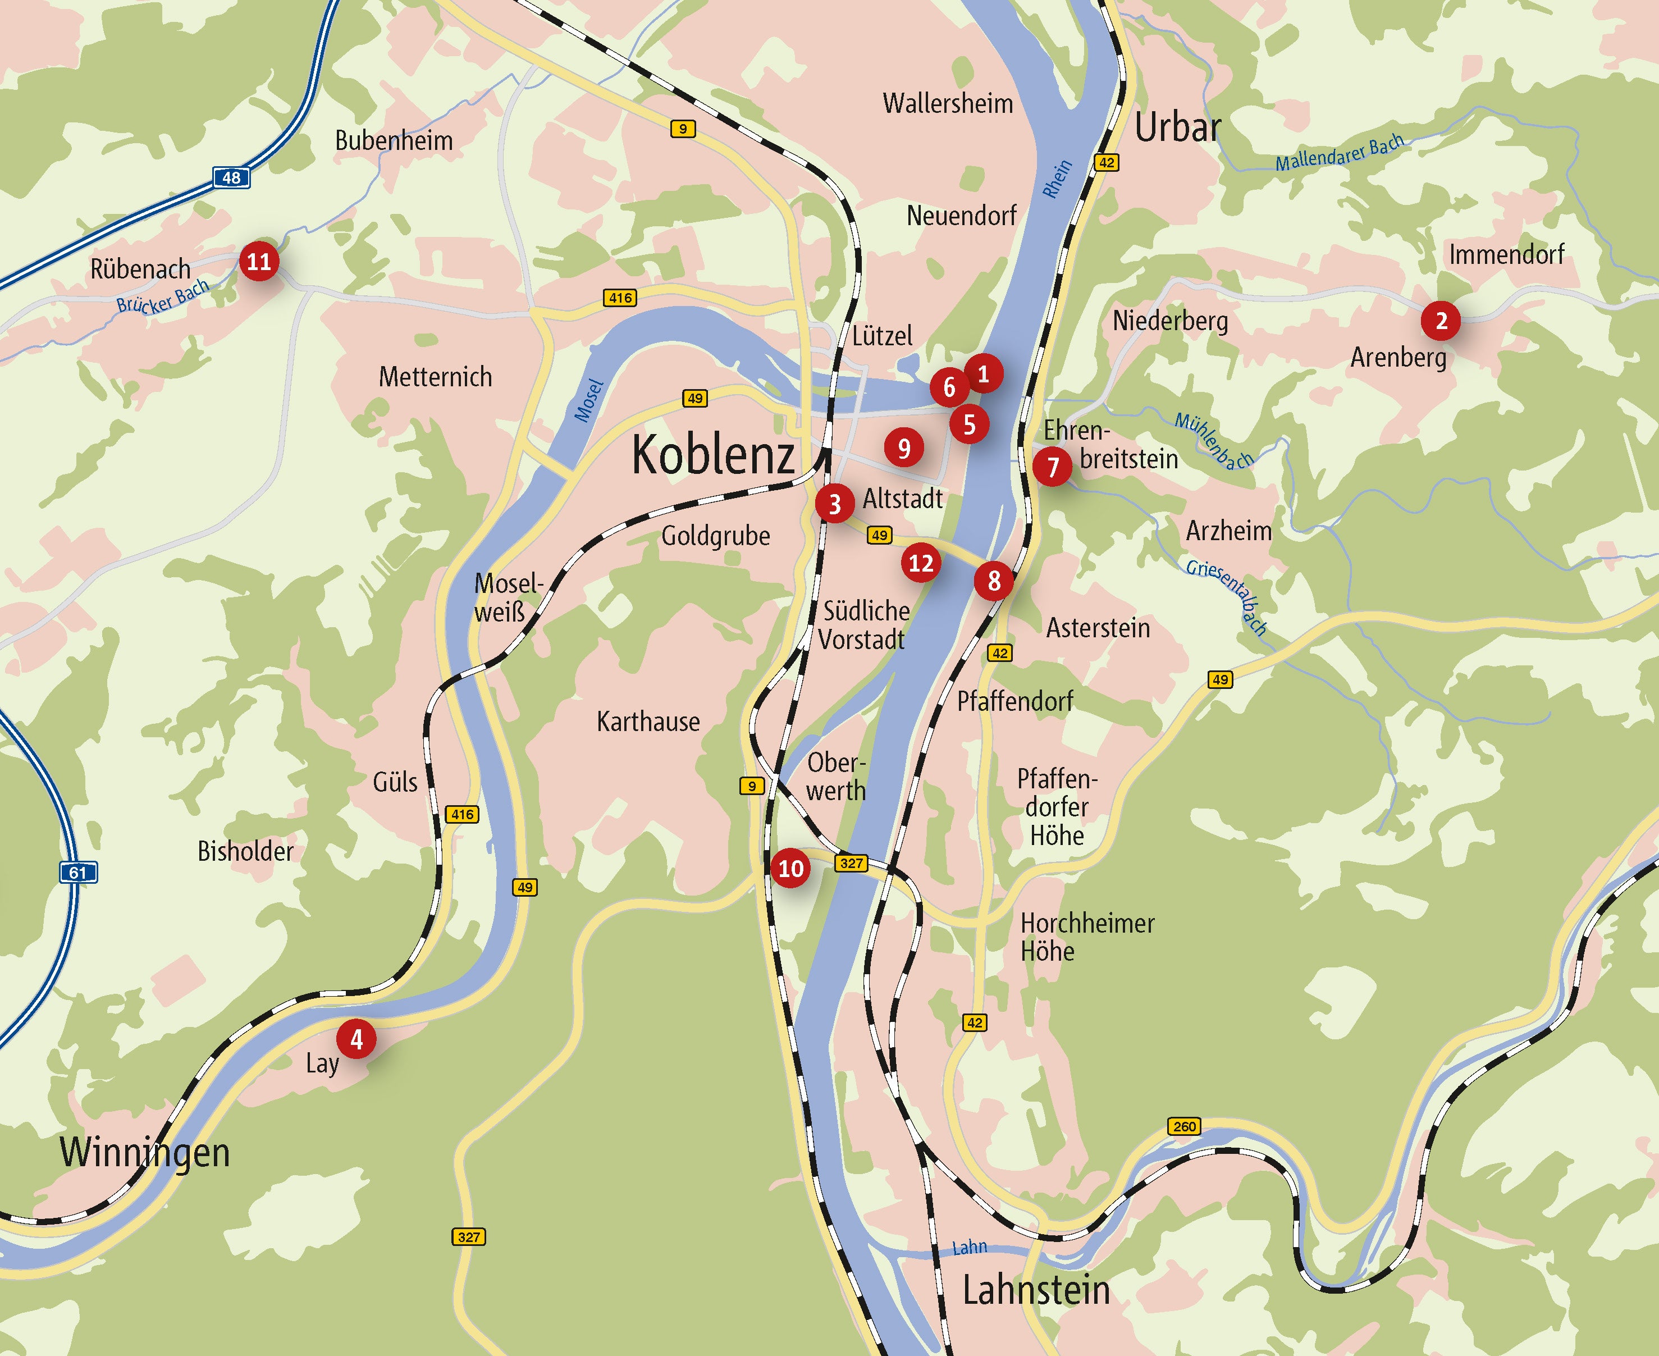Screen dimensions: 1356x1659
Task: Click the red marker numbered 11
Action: click(x=259, y=261)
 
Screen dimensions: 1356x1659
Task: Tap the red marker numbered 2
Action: click(x=1441, y=320)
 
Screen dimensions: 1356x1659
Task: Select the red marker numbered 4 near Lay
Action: click(x=356, y=1039)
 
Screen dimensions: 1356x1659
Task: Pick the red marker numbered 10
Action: click(x=790, y=869)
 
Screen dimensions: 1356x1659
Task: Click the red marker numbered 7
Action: click(x=1052, y=467)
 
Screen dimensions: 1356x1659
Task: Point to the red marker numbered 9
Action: click(x=904, y=449)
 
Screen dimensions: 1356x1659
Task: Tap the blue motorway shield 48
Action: click(x=231, y=177)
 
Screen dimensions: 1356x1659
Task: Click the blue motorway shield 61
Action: click(x=78, y=873)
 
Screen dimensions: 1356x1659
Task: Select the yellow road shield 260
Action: click(x=1184, y=1126)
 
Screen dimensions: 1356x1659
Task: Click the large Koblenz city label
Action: click(x=712, y=455)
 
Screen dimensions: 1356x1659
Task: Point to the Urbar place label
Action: click(x=1177, y=127)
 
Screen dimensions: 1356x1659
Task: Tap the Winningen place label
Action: click(x=145, y=1153)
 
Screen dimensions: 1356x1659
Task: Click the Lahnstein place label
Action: click(x=1036, y=1290)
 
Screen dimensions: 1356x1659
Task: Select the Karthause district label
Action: click(x=648, y=722)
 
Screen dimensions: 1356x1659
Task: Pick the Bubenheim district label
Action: click(x=394, y=140)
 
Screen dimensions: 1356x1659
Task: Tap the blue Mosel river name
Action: click(x=589, y=400)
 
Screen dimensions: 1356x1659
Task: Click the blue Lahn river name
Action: click(x=970, y=1248)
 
